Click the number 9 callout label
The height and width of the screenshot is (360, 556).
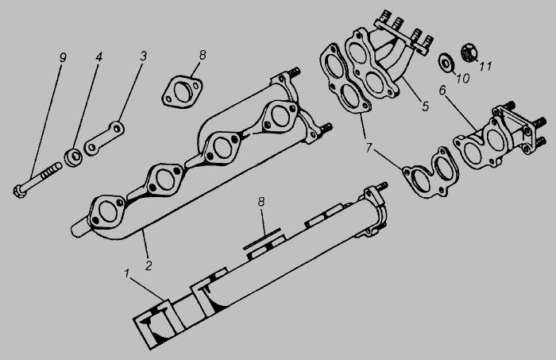[x=63, y=57]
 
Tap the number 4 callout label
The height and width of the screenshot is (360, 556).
[x=98, y=56]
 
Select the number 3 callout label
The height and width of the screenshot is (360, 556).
[x=143, y=56]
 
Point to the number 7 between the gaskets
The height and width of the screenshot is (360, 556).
[x=369, y=148]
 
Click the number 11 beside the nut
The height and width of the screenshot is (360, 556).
[x=485, y=66]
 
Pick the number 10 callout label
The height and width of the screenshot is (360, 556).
[x=462, y=78]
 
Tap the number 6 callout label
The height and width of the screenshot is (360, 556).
[x=442, y=91]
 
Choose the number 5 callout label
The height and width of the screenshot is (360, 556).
[x=425, y=106]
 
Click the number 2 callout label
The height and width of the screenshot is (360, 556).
[x=149, y=265]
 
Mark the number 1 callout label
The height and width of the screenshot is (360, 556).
[x=126, y=274]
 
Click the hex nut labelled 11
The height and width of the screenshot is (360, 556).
[x=469, y=52]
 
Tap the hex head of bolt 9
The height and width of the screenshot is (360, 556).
[x=19, y=191]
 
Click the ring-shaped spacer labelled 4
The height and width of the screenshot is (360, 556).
[x=73, y=157]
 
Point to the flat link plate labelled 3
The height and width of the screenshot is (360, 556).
[x=104, y=138]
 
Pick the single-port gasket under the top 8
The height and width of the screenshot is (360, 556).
[x=182, y=91]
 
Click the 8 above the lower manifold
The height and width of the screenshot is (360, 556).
[x=261, y=202]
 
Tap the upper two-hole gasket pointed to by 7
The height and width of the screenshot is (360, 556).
[x=345, y=79]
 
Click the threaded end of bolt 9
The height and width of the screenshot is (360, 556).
[x=52, y=169]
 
